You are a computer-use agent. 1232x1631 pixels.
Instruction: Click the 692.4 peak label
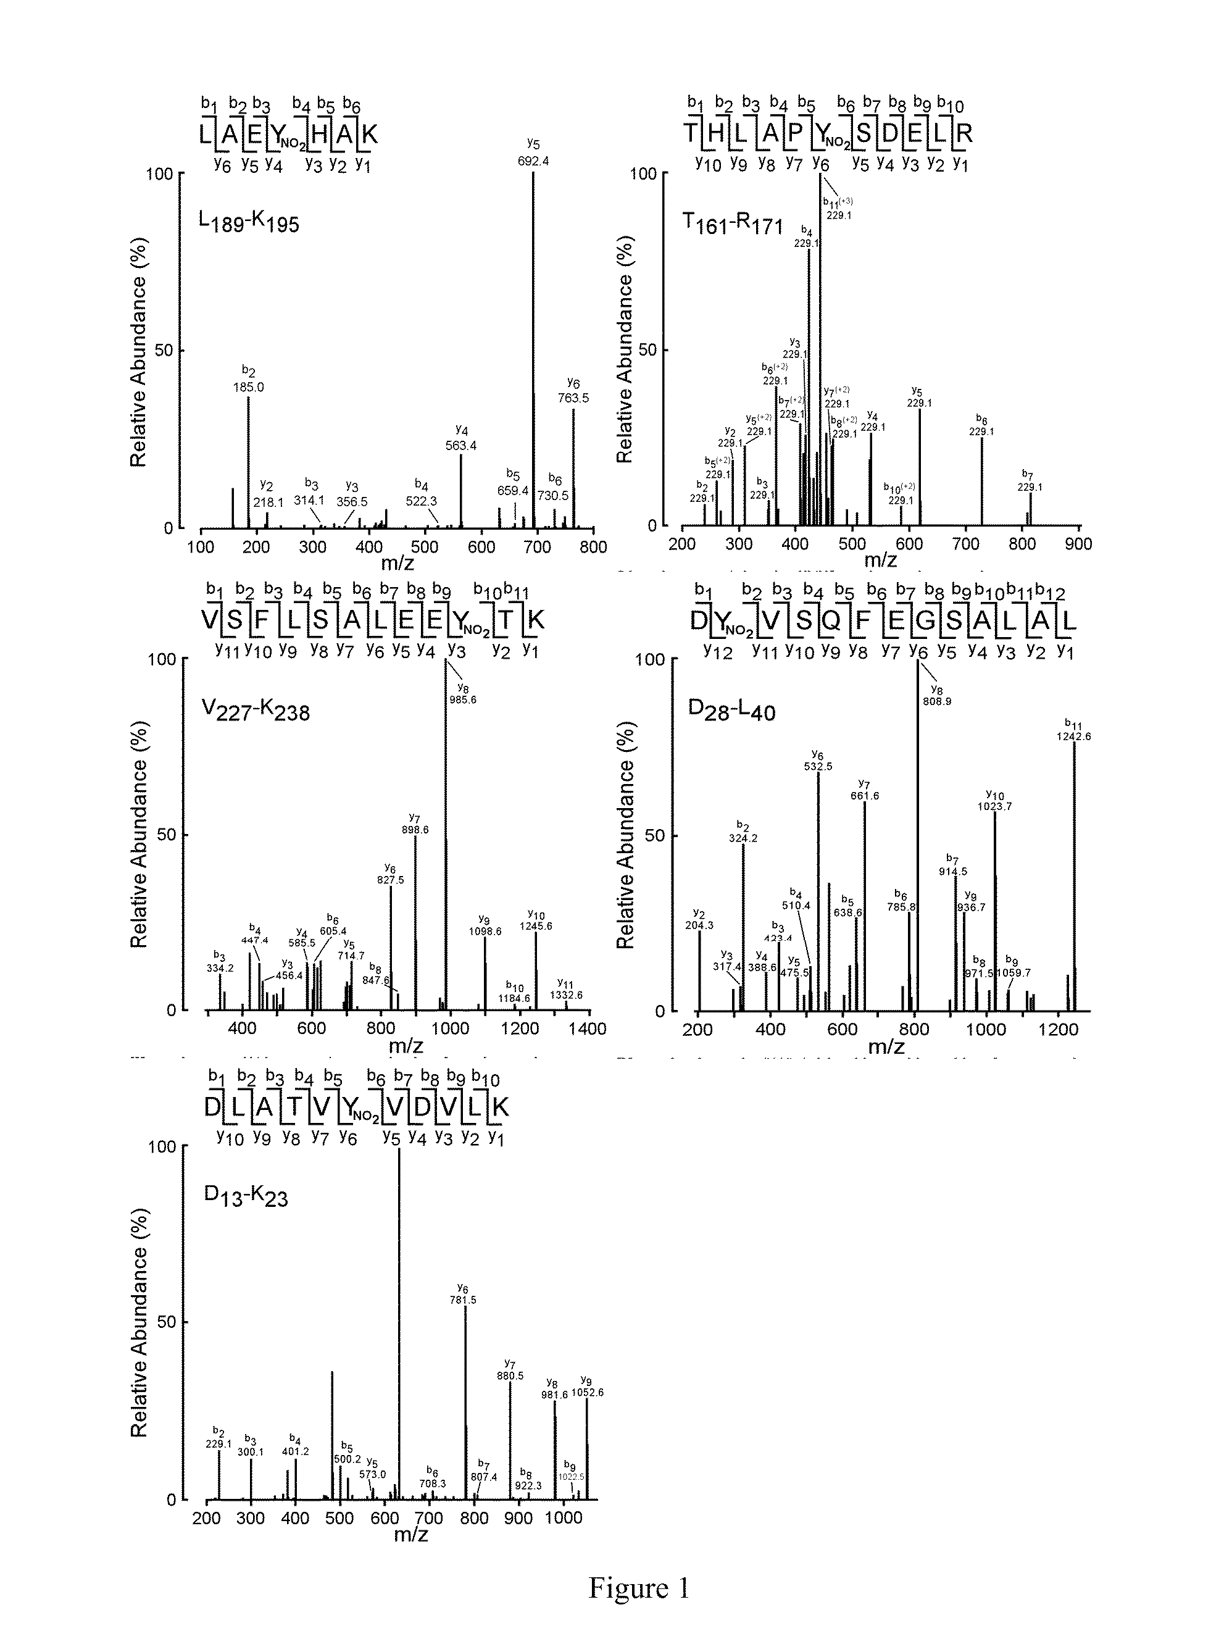pos(533,161)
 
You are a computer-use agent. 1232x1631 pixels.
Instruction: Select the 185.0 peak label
pos(249,386)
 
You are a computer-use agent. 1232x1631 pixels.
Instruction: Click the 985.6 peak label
pos(462,699)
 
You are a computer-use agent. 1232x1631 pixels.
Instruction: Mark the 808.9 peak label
pos(936,701)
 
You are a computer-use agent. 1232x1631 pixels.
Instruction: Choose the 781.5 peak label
pos(463,1300)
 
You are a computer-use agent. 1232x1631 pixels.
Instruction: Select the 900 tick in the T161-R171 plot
pos(1079,543)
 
